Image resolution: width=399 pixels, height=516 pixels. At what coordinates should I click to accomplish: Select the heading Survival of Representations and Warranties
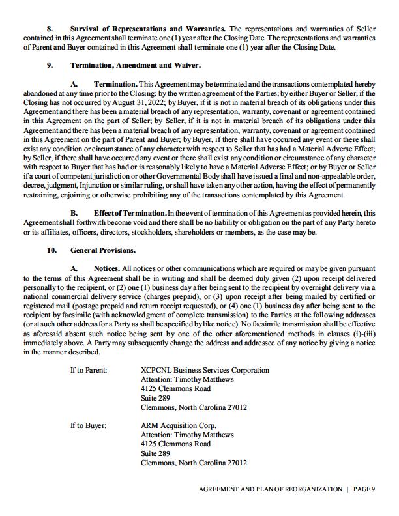147,30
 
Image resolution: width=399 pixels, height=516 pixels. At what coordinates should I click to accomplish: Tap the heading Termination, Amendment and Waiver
135,66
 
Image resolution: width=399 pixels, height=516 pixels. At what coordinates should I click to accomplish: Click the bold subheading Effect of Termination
129,213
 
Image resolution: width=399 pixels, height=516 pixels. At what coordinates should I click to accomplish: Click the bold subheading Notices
106,268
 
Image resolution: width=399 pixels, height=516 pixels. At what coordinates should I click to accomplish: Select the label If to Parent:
89,370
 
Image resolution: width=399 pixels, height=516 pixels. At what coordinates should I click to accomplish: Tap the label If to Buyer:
88,425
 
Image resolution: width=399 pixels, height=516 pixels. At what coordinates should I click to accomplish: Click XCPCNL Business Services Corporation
205,370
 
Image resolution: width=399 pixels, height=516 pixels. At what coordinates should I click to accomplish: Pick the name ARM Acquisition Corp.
178,425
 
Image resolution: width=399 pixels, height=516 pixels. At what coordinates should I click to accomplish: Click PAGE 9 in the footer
365,489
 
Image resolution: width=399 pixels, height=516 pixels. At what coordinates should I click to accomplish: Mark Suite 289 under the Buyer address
155,453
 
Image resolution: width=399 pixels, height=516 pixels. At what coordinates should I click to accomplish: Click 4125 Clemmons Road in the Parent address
175,388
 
